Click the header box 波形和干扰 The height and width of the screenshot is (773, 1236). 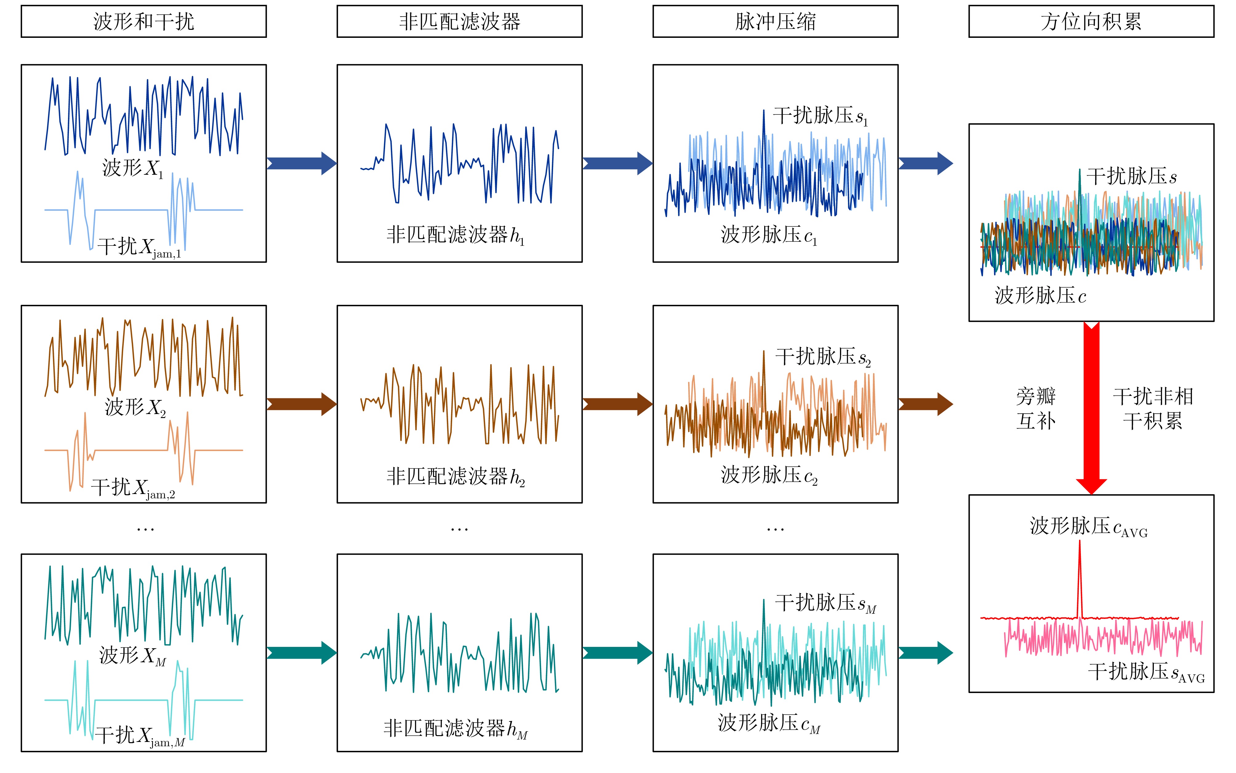click(144, 22)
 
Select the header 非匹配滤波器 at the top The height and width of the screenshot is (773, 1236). click(459, 22)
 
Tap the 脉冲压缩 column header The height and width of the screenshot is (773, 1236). click(775, 22)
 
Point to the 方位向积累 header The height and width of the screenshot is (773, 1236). click(1091, 22)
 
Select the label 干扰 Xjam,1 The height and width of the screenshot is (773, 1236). click(139, 247)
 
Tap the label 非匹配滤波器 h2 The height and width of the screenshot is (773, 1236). click(455, 476)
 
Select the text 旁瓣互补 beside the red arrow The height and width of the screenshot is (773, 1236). click(1036, 408)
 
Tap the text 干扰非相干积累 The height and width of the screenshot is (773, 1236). click(1153, 408)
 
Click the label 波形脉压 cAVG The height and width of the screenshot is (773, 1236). click(1089, 527)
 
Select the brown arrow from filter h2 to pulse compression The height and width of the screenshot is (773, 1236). click(618, 404)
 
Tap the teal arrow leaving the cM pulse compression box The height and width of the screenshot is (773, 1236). click(925, 653)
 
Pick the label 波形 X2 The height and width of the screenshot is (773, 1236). click(135, 408)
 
